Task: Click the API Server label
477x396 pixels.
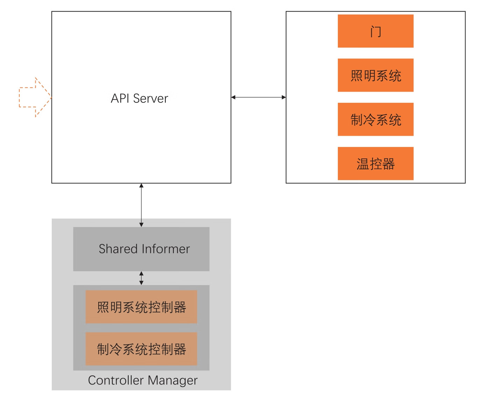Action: pyautogui.click(x=139, y=98)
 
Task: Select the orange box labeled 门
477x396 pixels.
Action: pyautogui.click(x=375, y=31)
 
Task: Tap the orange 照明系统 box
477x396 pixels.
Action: pyautogui.click(x=375, y=75)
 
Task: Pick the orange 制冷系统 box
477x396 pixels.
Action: pyautogui.click(x=375, y=119)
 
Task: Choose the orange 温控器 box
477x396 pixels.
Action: pyautogui.click(x=375, y=163)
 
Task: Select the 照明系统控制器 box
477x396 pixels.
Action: pyautogui.click(x=141, y=307)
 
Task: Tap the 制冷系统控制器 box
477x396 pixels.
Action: pyautogui.click(x=141, y=349)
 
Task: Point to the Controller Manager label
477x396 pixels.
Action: pyautogui.click(x=143, y=380)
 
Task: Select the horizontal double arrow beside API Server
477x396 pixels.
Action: pyautogui.click(x=258, y=97)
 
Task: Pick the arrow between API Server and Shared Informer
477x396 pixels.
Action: pyautogui.click(x=141, y=205)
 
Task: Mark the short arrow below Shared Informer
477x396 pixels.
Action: pyautogui.click(x=141, y=278)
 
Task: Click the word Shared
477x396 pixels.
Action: pyautogui.click(x=118, y=249)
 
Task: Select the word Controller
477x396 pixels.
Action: pyautogui.click(x=116, y=380)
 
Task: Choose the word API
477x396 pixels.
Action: pyautogui.click(x=120, y=98)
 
